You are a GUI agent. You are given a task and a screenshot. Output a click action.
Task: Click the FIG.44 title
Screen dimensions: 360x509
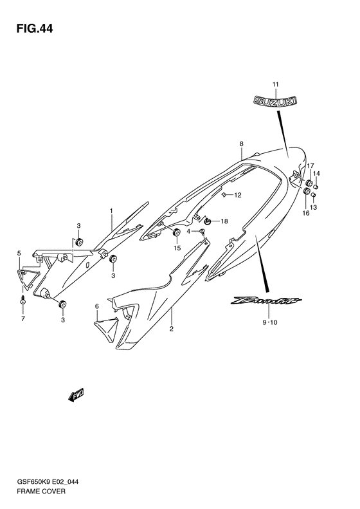pyautogui.click(x=34, y=29)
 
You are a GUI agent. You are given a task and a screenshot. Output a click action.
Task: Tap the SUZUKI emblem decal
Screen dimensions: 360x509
pyautogui.click(x=275, y=100)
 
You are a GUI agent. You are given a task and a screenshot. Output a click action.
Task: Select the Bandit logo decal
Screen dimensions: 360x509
pyautogui.click(x=266, y=301)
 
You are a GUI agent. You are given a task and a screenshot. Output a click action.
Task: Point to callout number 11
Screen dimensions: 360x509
pyautogui.click(x=275, y=84)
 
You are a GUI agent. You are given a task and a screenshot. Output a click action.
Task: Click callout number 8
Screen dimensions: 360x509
pyautogui.click(x=241, y=143)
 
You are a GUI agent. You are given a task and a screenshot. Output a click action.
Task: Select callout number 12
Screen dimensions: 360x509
pyautogui.click(x=238, y=195)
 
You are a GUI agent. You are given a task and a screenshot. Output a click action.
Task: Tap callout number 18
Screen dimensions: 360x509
pyautogui.click(x=224, y=221)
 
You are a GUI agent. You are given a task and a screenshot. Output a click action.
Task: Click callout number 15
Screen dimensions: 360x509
pyautogui.click(x=176, y=248)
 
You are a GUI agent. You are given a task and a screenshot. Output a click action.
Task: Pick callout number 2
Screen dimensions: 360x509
pyautogui.click(x=171, y=329)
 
